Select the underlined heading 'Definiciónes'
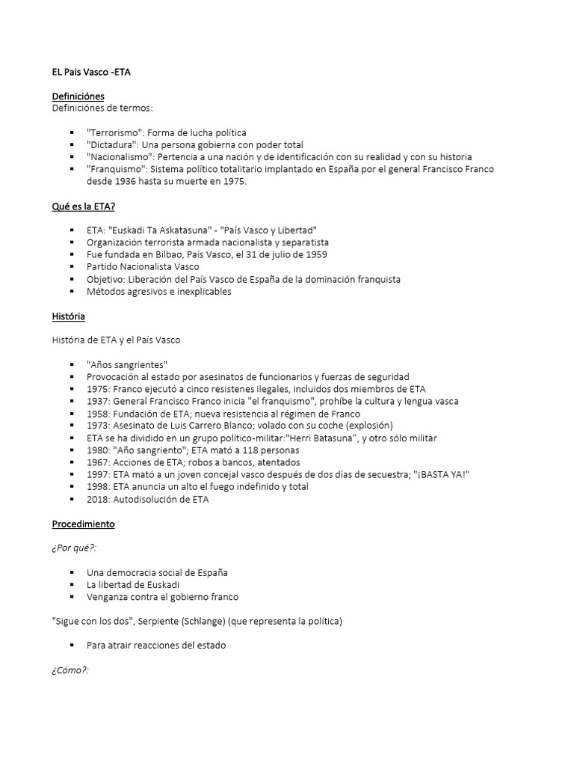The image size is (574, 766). point(78,96)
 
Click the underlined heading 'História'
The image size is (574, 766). point(68,316)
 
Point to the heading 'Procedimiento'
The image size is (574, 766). point(83,524)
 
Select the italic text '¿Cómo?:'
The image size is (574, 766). point(70,670)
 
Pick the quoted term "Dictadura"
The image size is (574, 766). point(114,145)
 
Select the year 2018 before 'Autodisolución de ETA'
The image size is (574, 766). point(99,500)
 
